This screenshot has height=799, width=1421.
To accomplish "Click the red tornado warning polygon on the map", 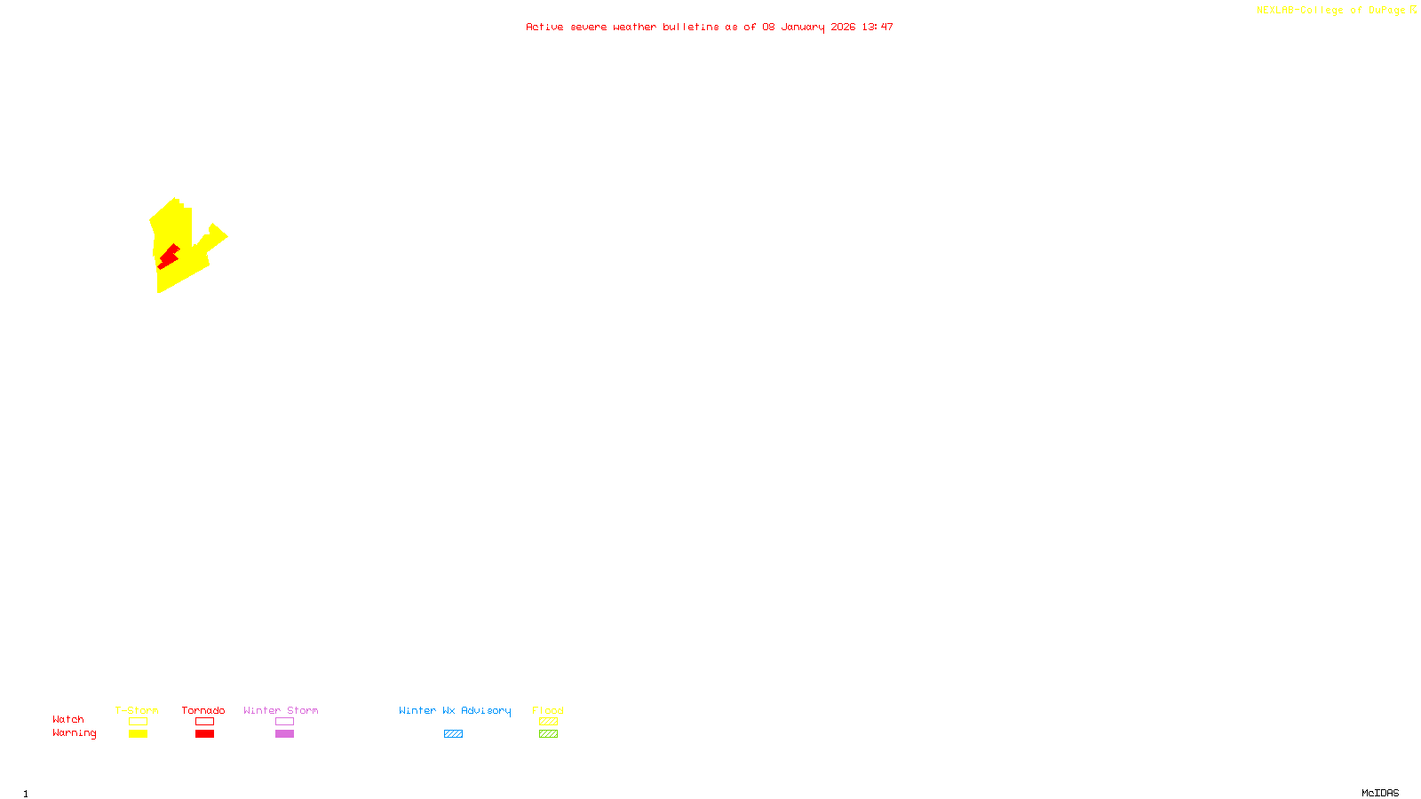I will [167, 257].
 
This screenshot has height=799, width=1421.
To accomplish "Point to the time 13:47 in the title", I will [877, 28].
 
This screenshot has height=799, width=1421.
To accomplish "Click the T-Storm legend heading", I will [137, 710].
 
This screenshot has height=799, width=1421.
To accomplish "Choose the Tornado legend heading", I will [203, 710].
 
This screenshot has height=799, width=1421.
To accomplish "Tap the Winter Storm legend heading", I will [281, 710].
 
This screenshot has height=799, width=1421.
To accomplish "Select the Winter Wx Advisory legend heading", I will [455, 710].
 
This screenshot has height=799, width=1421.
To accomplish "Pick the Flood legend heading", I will [548, 710].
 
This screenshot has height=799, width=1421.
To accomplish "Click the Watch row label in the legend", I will [68, 720].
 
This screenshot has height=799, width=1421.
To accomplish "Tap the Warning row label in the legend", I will [74, 733].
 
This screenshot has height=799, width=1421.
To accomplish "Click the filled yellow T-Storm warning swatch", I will [138, 734].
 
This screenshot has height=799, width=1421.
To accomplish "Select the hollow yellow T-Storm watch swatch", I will [138, 722].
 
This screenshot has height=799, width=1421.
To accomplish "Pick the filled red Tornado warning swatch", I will [204, 734].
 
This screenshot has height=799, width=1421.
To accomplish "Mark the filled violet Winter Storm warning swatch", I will [284, 734].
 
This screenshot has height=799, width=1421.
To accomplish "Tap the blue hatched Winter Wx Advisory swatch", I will [453, 734].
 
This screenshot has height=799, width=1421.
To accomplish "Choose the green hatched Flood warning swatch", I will [548, 734].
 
